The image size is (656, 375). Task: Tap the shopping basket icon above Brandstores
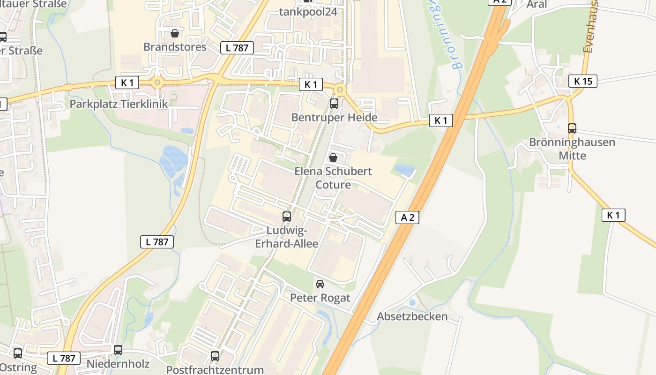pyautogui.click(x=175, y=33)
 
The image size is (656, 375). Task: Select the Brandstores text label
pyautogui.click(x=175, y=47)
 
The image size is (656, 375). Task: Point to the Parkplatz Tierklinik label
pyautogui.click(x=119, y=104)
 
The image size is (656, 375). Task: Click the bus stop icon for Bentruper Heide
pyautogui.click(x=334, y=104)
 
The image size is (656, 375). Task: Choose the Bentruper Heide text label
pyautogui.click(x=334, y=117)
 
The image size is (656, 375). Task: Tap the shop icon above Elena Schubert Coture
pyautogui.click(x=333, y=157)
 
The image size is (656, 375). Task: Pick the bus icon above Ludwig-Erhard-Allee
pyautogui.click(x=287, y=217)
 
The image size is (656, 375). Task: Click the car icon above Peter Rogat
pyautogui.click(x=320, y=284)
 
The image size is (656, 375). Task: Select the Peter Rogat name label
pyautogui.click(x=320, y=298)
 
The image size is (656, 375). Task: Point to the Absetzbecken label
pyautogui.click(x=412, y=316)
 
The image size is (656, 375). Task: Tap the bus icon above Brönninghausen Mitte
pyautogui.click(x=572, y=128)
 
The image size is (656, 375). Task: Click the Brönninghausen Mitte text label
pyautogui.click(x=572, y=148)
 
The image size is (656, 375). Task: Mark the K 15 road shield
pyautogui.click(x=583, y=81)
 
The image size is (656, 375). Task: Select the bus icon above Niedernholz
pyautogui.click(x=118, y=350)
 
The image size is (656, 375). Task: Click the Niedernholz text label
pyautogui.click(x=118, y=364)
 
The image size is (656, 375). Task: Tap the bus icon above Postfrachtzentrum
pyautogui.click(x=215, y=356)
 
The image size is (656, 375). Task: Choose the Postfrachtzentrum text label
pyautogui.click(x=215, y=370)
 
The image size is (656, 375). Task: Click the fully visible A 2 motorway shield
pyautogui.click(x=407, y=217)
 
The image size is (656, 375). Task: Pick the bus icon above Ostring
pyautogui.click(x=18, y=353)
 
